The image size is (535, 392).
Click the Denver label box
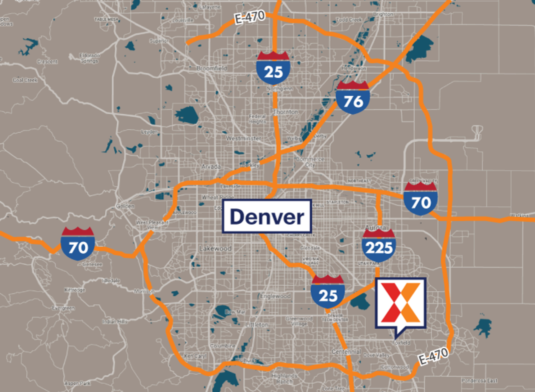click(x=267, y=216)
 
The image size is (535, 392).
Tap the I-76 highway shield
click(x=353, y=98)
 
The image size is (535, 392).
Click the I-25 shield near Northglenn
click(x=273, y=68)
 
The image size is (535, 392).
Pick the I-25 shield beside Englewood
click(x=328, y=292)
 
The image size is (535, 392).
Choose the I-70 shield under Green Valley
click(x=421, y=199)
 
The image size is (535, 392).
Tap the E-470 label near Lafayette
click(x=249, y=17)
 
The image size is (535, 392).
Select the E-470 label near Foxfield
click(x=433, y=356)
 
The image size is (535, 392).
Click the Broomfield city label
click(x=211, y=68)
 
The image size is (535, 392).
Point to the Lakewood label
click(x=215, y=249)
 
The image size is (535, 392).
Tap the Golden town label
click(x=125, y=206)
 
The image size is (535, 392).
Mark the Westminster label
click(x=243, y=138)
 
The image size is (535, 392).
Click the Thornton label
click(x=286, y=112)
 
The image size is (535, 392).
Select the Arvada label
click(x=211, y=166)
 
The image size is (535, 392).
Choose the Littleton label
click(x=257, y=325)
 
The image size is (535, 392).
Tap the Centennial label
click(x=346, y=352)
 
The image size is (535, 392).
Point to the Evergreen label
click(x=63, y=308)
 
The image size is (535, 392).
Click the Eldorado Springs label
click(x=89, y=58)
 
